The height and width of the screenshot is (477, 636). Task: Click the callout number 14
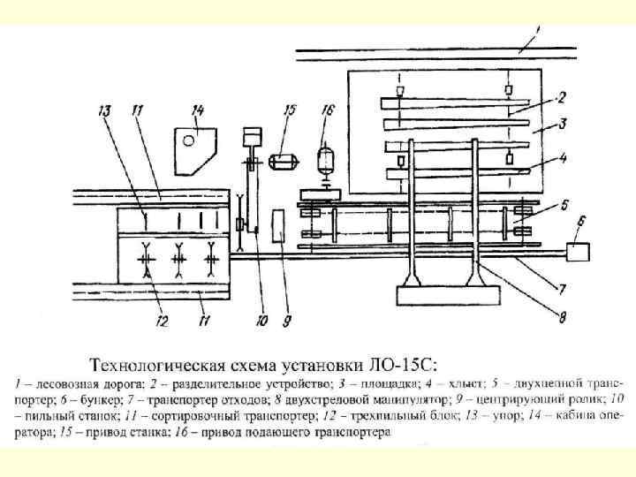click(197, 110)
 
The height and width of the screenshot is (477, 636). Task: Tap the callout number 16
click(328, 110)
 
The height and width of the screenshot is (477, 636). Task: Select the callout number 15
click(289, 110)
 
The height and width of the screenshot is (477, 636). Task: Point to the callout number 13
click(104, 110)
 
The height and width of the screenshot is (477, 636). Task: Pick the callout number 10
click(261, 322)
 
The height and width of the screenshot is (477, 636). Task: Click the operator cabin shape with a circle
click(194, 147)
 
